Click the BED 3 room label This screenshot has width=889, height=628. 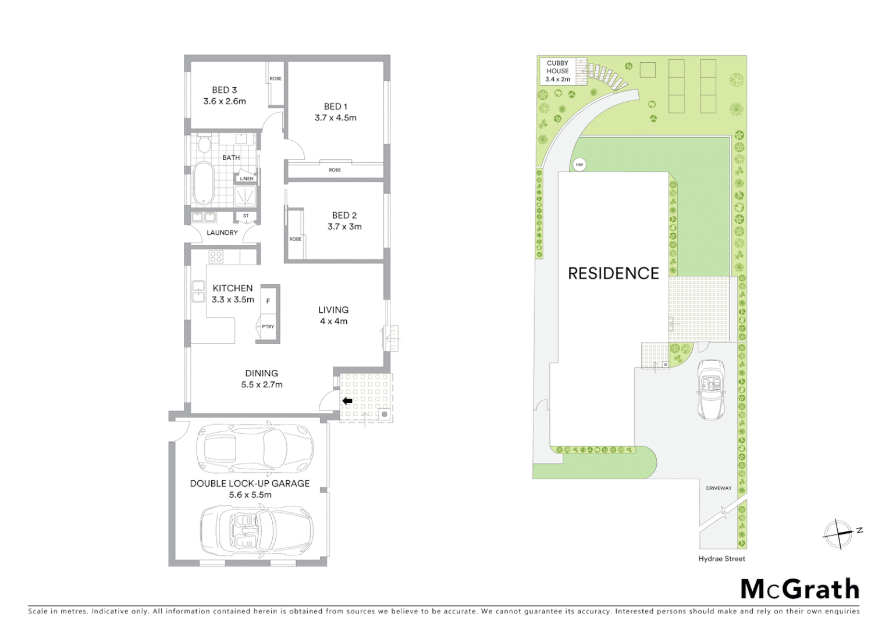[224, 90]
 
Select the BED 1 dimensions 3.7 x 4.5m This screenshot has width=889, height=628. [336, 117]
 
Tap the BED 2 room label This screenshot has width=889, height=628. [344, 215]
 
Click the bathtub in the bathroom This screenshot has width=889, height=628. [203, 183]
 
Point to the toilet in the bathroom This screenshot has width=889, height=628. [204, 144]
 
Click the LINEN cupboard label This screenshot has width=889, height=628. [247, 179]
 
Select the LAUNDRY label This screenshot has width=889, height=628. [222, 233]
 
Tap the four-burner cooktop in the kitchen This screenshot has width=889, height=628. [216, 256]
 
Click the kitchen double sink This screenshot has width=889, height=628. [198, 292]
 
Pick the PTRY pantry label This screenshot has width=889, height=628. [268, 327]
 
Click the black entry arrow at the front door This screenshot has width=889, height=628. [347, 401]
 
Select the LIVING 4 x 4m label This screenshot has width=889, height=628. [333, 315]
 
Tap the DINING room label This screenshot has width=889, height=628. [261, 373]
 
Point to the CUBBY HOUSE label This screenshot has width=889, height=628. [557, 67]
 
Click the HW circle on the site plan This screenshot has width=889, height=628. [579, 165]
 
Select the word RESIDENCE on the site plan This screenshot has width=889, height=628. [613, 273]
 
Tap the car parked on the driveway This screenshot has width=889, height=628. [711, 390]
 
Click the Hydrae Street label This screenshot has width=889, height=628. [721, 559]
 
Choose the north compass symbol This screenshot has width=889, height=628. [838, 533]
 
